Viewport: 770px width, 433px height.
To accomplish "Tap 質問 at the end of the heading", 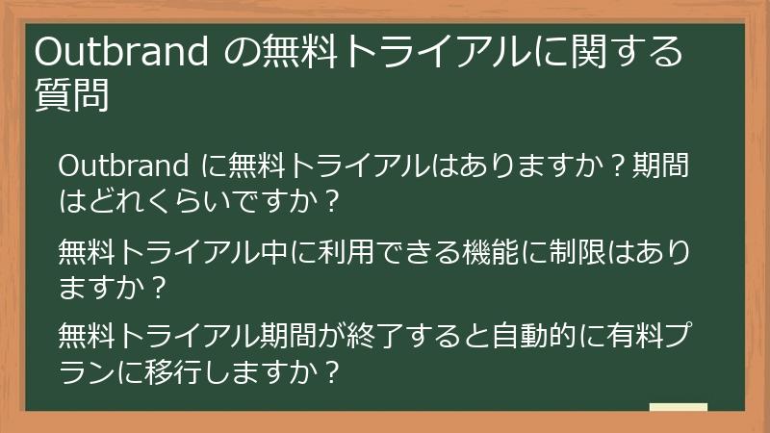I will [x=70, y=96].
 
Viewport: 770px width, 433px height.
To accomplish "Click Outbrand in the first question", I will [x=123, y=167].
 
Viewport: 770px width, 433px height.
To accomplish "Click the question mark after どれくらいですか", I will [x=332, y=202].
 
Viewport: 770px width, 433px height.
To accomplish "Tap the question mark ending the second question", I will [x=160, y=287].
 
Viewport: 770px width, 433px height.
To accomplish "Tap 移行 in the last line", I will [x=174, y=371].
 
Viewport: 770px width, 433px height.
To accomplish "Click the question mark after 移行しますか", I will [x=332, y=371].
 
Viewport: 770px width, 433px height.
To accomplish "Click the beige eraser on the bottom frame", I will [x=678, y=408].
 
